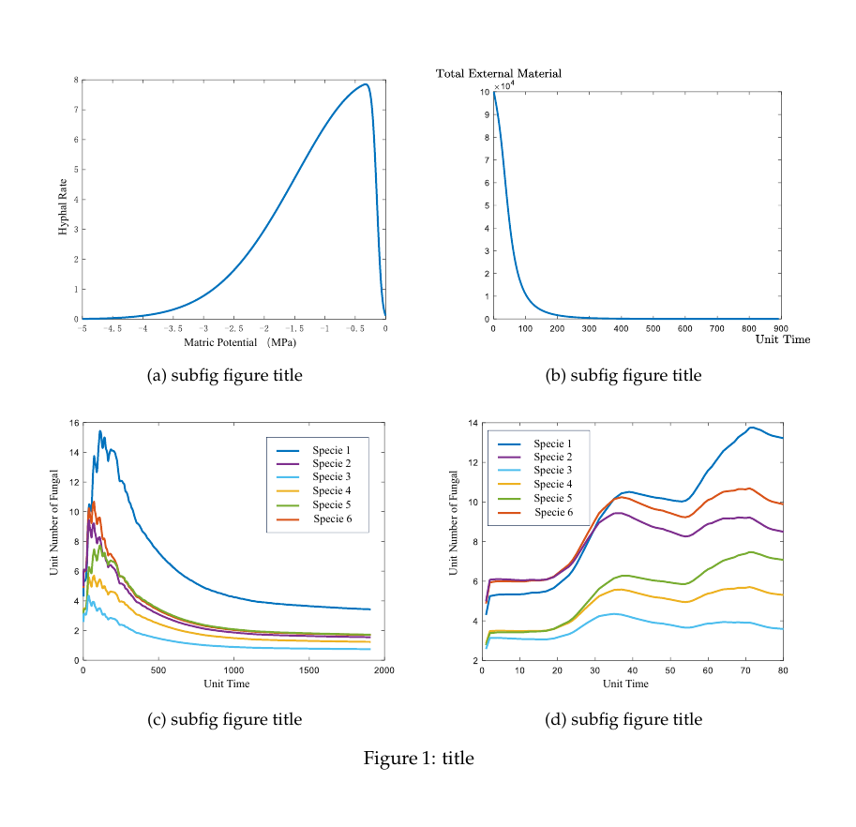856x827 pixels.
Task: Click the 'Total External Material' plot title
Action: [499, 73]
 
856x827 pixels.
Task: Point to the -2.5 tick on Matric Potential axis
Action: [233, 329]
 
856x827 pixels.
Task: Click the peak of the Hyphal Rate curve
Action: [365, 84]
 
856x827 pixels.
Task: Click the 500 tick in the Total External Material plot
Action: [589, 329]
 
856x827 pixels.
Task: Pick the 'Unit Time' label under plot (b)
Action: [783, 339]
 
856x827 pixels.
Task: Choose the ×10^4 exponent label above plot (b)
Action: [503, 86]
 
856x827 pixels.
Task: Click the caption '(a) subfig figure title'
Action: [225, 375]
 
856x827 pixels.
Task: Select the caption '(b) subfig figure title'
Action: [624, 375]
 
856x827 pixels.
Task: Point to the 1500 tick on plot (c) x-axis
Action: [308, 670]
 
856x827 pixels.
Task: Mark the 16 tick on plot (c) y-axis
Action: [73, 423]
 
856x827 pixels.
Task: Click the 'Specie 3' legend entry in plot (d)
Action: [553, 471]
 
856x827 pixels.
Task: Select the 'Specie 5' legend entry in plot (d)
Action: [553, 498]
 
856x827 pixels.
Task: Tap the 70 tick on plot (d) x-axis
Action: [745, 670]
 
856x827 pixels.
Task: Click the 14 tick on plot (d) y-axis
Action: [473, 423]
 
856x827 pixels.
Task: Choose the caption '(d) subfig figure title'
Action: [624, 720]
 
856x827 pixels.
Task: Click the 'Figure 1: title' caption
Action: [419, 759]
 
